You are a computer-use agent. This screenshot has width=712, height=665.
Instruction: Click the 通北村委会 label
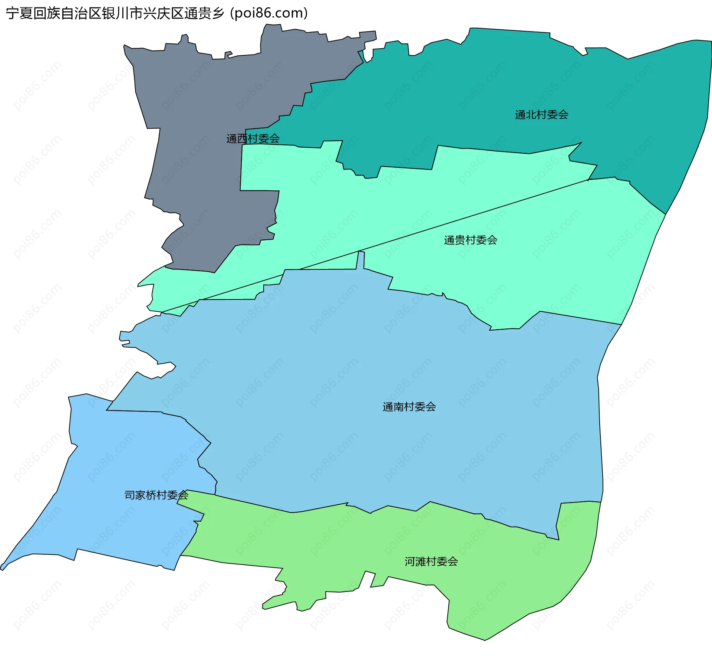pos(541,115)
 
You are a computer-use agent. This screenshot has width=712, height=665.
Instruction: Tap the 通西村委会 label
pos(253,139)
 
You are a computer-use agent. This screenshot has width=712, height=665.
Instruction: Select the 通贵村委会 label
pos(471,240)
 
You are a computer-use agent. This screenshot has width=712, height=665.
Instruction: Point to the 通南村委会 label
pos(409,407)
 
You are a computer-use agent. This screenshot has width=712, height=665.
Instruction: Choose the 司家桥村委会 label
pos(156,495)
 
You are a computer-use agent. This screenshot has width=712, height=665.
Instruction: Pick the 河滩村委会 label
pos(431,561)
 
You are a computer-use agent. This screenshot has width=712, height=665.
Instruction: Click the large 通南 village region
pos(371,371)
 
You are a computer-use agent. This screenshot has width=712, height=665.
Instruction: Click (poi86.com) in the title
pos(269,13)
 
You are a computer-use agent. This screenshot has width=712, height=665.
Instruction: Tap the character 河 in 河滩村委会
pos(410,561)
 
